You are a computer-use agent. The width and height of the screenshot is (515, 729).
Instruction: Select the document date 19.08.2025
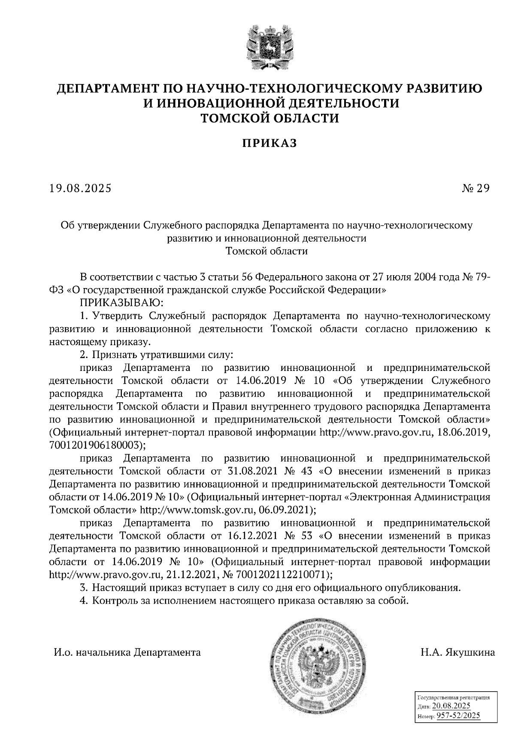point(81,188)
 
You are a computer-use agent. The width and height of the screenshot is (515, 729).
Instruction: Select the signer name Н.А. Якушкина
point(457,653)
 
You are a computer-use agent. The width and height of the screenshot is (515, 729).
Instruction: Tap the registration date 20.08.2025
point(451,706)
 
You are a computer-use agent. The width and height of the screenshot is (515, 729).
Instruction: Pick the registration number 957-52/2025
point(458,716)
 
